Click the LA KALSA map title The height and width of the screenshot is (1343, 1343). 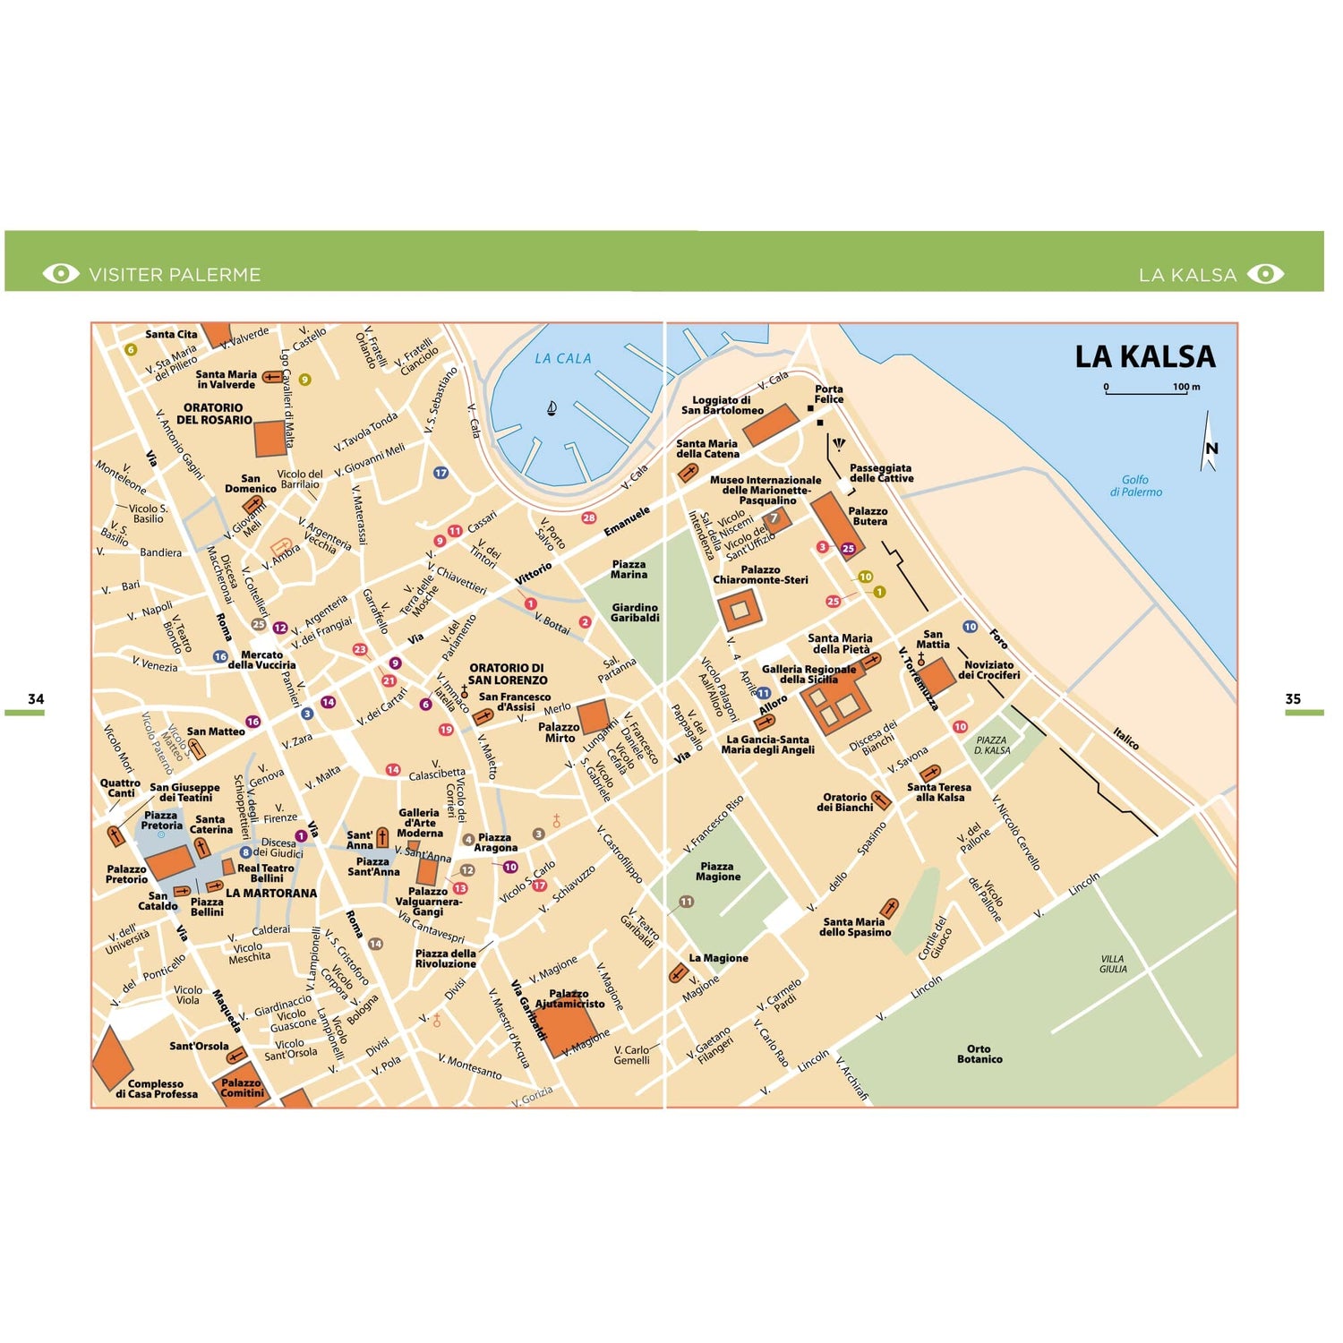[x=1144, y=357]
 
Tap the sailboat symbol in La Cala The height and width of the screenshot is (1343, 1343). [x=552, y=408]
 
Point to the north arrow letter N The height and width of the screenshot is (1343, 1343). [x=1211, y=449]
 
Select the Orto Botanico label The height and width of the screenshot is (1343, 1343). [x=979, y=1054]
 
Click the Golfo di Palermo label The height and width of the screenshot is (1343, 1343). [x=1135, y=485]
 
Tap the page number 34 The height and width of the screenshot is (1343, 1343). [x=36, y=698]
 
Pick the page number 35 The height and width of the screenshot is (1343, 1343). [x=1293, y=698]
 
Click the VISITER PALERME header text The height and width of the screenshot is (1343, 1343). [x=175, y=275]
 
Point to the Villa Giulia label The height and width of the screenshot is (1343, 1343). [x=1113, y=963]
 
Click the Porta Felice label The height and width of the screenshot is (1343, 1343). [x=828, y=394]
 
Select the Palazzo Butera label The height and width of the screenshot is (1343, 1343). [x=868, y=516]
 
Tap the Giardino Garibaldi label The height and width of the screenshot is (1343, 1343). [x=635, y=612]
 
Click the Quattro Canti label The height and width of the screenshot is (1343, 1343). [x=120, y=788]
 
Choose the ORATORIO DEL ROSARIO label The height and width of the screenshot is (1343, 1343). [x=214, y=414]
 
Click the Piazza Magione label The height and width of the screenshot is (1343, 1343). [x=717, y=871]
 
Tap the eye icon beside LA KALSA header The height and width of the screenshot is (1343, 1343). [x=1265, y=274]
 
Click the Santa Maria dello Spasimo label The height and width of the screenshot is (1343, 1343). [x=855, y=927]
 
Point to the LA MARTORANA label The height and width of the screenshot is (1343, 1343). [x=271, y=893]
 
